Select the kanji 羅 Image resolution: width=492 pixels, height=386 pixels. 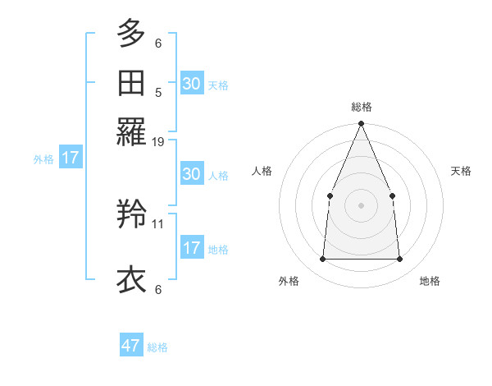click(131, 131)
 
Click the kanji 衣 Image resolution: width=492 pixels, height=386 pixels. click(131, 279)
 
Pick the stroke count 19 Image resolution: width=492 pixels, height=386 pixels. click(158, 142)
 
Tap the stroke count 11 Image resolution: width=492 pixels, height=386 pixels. click(158, 223)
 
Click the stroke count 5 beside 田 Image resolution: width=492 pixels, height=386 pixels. click(158, 93)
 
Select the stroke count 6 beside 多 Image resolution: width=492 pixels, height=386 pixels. click(158, 44)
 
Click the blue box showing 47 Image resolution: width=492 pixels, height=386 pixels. click(131, 346)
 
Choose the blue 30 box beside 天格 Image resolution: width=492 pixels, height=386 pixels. click(192, 83)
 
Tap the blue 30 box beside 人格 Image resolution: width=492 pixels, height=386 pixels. click(192, 174)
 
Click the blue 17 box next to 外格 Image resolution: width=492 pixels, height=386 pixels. click(71, 158)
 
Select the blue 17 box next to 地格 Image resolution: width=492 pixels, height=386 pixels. click(192, 248)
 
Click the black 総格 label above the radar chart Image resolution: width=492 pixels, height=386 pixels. click(361, 107)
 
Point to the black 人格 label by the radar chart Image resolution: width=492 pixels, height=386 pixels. click(262, 171)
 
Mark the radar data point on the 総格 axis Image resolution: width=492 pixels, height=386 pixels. click(361, 124)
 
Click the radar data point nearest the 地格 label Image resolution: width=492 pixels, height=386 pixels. click(399, 260)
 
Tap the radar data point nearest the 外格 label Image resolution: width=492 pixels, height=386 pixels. click(322, 260)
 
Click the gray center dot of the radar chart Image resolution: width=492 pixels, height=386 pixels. click(361, 205)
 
